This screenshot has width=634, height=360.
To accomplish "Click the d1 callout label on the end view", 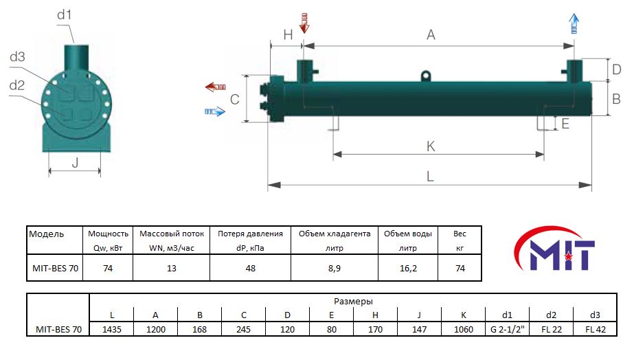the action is [x=64, y=15].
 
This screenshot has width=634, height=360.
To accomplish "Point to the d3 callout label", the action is [x=17, y=56].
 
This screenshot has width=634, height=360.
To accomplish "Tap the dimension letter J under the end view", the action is [x=75, y=163].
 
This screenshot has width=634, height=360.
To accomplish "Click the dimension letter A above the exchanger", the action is [x=431, y=35].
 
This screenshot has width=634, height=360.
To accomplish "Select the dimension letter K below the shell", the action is [x=431, y=146].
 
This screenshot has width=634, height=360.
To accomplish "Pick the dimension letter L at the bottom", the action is [x=430, y=177].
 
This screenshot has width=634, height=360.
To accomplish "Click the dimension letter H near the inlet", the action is [x=288, y=35].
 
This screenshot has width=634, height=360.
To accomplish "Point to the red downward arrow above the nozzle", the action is [x=304, y=23].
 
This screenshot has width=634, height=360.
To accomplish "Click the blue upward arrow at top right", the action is [x=574, y=23].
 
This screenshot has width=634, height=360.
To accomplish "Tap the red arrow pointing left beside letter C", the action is [x=215, y=87].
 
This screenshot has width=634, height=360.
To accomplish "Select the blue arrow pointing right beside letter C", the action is [x=215, y=111].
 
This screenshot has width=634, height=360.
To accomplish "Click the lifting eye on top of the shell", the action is [x=425, y=76].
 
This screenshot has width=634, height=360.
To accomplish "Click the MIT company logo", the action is [x=554, y=249].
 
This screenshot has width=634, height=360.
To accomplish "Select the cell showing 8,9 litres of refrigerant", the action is [x=335, y=268].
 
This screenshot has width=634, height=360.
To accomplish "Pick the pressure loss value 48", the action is [x=250, y=268].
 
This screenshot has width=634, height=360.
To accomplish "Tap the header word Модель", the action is [x=47, y=234].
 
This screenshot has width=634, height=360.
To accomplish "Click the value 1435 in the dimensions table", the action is [x=111, y=329].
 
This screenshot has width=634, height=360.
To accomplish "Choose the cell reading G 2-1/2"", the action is [x=507, y=329].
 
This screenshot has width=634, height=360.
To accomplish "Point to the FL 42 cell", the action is [x=595, y=329].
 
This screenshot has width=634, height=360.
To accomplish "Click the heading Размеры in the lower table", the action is [x=353, y=302].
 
